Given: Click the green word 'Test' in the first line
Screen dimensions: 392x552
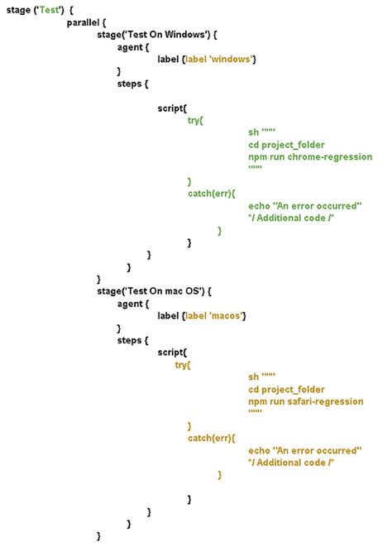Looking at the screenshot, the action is (x=49, y=10).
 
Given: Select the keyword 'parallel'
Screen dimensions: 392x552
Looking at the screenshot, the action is (x=83, y=22).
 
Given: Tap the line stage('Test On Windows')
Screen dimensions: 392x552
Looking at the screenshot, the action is (x=157, y=35).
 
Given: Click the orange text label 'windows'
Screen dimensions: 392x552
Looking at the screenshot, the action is (x=219, y=59).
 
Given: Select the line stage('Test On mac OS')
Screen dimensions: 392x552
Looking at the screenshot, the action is (x=154, y=291).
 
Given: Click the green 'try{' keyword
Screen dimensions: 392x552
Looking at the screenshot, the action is (x=195, y=121).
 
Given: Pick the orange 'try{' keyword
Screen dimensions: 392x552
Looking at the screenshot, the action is (x=182, y=365).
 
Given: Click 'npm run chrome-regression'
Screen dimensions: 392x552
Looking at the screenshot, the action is (x=310, y=157).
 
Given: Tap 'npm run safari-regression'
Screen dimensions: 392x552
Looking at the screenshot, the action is (x=306, y=401).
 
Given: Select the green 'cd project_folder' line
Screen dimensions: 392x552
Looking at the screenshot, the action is (x=286, y=145).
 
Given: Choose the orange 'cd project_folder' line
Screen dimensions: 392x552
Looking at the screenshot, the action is (x=286, y=389).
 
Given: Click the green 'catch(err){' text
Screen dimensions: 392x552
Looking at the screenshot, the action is (x=212, y=194).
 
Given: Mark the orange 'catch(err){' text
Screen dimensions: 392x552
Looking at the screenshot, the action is (x=212, y=439).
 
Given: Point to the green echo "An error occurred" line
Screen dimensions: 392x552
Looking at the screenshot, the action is (x=304, y=206).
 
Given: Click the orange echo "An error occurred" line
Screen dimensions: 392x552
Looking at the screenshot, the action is (x=304, y=450).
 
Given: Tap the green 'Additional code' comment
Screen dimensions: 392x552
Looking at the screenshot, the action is (x=291, y=218).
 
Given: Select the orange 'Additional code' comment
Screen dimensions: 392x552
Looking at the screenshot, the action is (x=291, y=463).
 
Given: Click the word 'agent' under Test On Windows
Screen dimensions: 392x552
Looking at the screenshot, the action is (x=130, y=47).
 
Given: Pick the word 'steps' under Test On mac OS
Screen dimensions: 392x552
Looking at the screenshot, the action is (x=130, y=341).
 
